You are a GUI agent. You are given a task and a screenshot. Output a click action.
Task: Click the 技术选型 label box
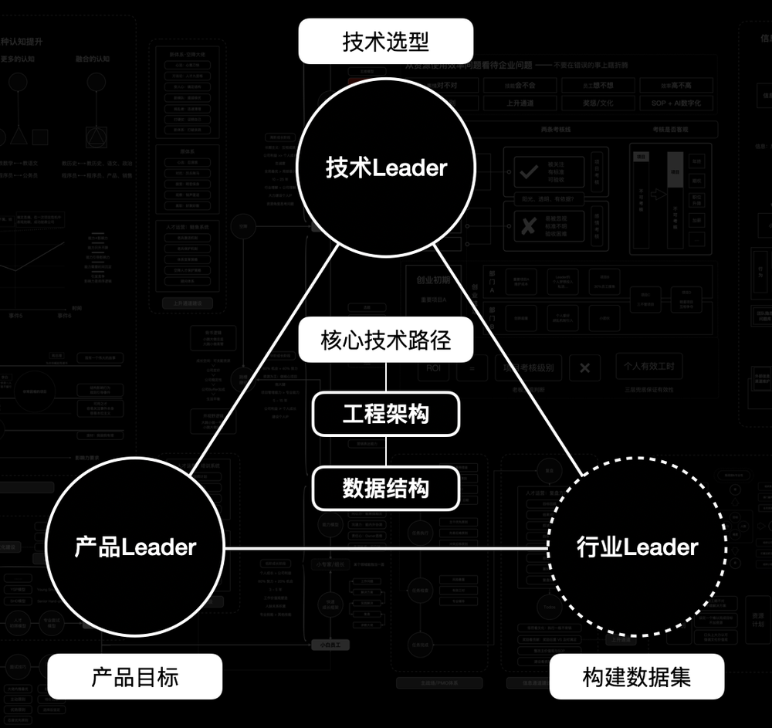[385, 41]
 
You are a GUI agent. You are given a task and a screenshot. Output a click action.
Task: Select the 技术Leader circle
[385, 168]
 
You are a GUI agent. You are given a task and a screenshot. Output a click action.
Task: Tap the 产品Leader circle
[135, 547]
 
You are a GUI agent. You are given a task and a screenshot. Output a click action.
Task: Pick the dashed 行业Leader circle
[637, 547]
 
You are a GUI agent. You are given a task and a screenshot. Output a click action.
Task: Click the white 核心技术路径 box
[385, 340]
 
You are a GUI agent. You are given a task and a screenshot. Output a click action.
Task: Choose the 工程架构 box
[385, 415]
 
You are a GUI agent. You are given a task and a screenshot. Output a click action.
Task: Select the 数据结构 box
[385, 489]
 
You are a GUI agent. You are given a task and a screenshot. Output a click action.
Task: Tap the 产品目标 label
[135, 678]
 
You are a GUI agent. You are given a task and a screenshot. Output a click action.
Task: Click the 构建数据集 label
[637, 678]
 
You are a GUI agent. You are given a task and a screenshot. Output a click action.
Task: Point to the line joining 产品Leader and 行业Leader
[386, 548]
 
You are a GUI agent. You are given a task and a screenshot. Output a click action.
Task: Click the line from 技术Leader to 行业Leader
[510, 359]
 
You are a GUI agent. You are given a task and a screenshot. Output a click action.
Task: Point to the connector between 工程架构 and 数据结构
[386, 452]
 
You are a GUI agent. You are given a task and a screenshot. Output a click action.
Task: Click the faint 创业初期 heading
[433, 279]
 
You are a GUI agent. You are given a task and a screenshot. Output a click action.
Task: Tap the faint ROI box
[437, 368]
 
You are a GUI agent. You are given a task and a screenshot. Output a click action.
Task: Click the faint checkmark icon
[529, 172]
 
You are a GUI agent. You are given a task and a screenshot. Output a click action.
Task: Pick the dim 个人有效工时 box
[649, 366]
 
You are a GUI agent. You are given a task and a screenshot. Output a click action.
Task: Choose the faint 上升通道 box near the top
[521, 103]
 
